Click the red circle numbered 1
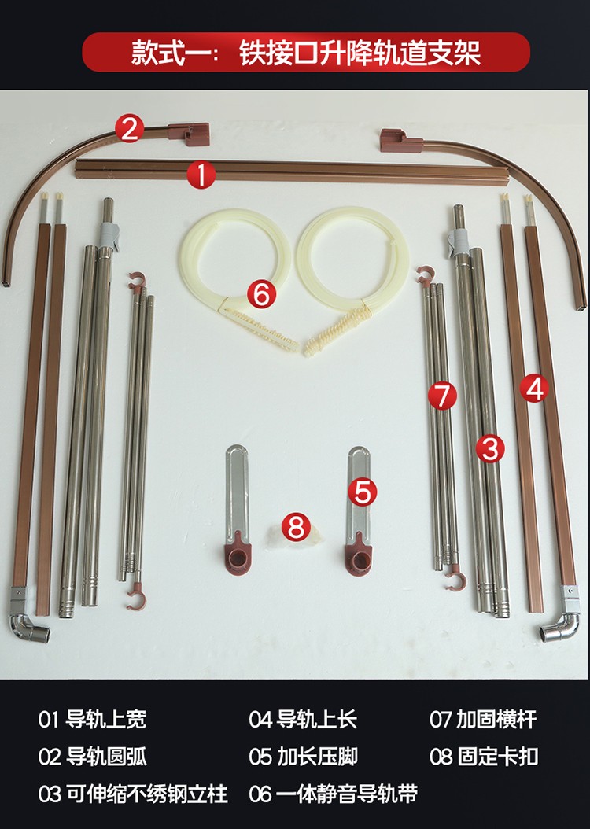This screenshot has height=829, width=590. pos(201,175)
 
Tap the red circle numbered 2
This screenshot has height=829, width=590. pos(130,129)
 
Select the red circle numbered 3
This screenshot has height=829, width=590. pos(490,448)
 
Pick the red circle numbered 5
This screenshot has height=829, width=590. pos(363,492)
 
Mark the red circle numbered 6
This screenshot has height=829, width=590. pos(262,294)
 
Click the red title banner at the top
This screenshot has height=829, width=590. pos(305,52)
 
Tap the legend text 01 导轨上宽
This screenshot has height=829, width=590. pos(92,720)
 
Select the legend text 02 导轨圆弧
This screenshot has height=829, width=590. pos(92,757)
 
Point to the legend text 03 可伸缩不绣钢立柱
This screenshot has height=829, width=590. pos(133,794)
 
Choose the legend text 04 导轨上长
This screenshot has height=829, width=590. pos(303,720)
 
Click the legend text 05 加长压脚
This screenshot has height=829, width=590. pos(303,757)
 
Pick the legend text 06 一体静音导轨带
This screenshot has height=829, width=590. pos(333,794)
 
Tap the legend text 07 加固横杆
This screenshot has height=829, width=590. pos(483,720)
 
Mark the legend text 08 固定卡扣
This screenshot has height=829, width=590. pos(484,757)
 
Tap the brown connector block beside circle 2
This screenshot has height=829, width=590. pos(189,133)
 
